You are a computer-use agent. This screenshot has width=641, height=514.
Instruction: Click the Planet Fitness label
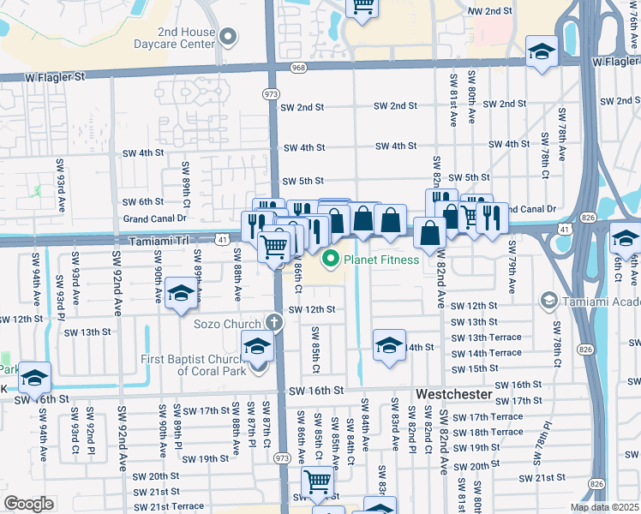[x=381, y=260]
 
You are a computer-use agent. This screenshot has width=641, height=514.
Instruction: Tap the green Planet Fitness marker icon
[x=329, y=260]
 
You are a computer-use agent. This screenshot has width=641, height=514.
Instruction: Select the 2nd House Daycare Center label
[x=174, y=37]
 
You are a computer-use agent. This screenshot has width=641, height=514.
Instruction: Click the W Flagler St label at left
[x=55, y=76]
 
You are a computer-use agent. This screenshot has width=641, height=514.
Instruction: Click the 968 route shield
[x=298, y=68]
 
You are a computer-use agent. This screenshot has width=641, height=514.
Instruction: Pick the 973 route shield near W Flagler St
[x=271, y=93]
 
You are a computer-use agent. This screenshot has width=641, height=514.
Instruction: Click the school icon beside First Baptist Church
[x=256, y=348]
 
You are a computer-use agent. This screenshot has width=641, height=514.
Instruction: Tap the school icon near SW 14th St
[x=389, y=345]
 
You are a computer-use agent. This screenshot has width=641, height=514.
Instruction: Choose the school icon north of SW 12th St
[x=181, y=295]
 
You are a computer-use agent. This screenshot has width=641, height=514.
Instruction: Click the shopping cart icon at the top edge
[x=362, y=5]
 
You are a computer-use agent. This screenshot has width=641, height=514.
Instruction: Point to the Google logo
[x=29, y=504]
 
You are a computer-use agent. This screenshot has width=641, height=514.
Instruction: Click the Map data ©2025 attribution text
[x=605, y=507]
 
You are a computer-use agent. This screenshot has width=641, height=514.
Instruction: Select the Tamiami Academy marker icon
[x=548, y=302]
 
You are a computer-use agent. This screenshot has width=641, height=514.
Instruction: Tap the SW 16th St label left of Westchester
[x=316, y=391]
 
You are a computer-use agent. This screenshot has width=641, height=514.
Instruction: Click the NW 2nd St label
[x=490, y=10]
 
